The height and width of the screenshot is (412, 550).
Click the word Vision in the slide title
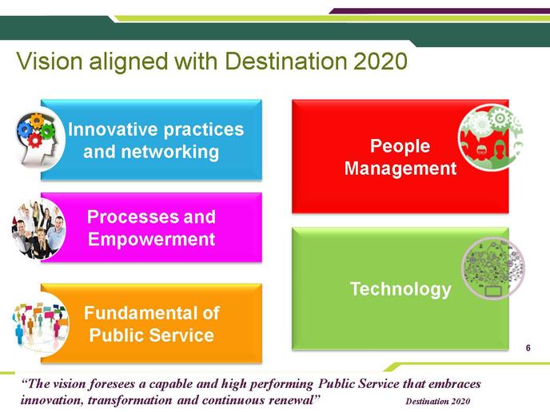(x=49, y=61)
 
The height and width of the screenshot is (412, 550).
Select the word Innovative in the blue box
(x=114, y=129)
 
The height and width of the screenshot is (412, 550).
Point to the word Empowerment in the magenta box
(x=152, y=240)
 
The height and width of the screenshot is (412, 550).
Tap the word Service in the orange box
(x=181, y=335)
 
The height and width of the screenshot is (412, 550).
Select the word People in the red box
(x=401, y=146)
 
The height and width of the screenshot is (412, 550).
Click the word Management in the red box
(x=401, y=168)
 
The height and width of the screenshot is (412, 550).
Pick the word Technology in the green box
(x=401, y=289)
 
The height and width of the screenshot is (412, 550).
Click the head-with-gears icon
(x=39, y=140)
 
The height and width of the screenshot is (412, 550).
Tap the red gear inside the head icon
(x=34, y=141)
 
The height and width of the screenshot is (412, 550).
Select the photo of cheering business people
(x=38, y=228)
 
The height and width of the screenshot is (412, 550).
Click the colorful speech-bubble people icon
(x=40, y=325)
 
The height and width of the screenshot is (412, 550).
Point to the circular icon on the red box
(x=490, y=137)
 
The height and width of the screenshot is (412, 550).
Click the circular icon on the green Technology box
(x=492, y=268)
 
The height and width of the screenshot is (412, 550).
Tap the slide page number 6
(x=528, y=348)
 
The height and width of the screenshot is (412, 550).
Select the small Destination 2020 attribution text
(x=438, y=401)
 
